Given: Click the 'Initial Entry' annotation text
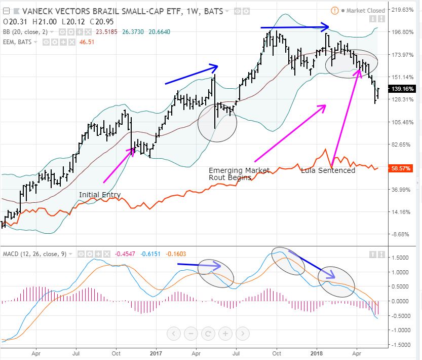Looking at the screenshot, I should (100, 195).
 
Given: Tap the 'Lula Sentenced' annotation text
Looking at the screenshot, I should (328, 170).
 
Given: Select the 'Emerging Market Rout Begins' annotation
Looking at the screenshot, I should (239, 174).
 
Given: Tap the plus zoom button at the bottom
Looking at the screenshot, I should (225, 334).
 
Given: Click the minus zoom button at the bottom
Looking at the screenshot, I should (191, 334).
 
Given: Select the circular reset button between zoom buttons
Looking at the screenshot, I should (208, 334).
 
